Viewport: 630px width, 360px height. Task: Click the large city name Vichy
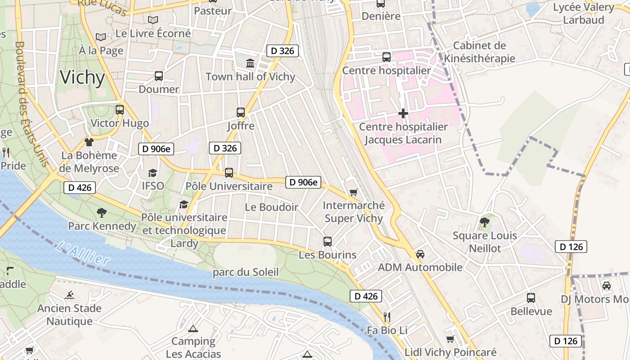82,77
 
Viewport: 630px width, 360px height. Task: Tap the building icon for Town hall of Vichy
250,63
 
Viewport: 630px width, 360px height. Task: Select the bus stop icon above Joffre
241,112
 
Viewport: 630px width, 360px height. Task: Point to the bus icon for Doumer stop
159,76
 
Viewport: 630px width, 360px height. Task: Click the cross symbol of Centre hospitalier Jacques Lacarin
403,113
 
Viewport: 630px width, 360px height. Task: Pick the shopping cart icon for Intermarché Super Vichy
354,193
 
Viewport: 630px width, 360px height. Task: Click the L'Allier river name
84,253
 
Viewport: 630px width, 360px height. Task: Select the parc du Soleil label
246,272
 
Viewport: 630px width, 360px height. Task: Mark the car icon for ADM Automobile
420,254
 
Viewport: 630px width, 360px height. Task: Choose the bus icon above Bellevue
531,298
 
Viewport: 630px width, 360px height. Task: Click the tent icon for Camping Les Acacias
193,328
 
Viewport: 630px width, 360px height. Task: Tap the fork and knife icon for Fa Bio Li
386,317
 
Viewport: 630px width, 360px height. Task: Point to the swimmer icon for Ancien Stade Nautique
69,296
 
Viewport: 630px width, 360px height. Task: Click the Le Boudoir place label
271,207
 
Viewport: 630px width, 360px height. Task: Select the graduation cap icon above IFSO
153,173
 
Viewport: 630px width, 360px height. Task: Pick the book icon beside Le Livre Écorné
153,20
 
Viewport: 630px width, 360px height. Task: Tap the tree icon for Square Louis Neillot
485,222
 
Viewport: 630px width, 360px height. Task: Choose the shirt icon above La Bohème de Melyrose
89,142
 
